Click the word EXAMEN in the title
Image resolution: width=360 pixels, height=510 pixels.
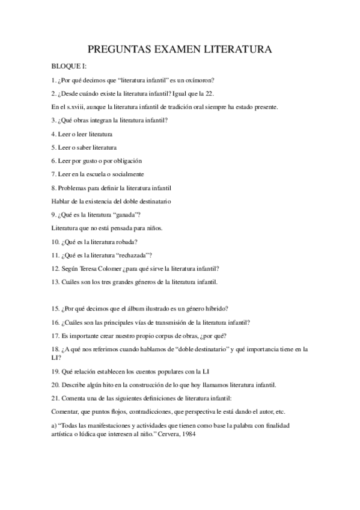(172, 50)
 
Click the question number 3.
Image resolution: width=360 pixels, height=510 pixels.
(55, 120)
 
